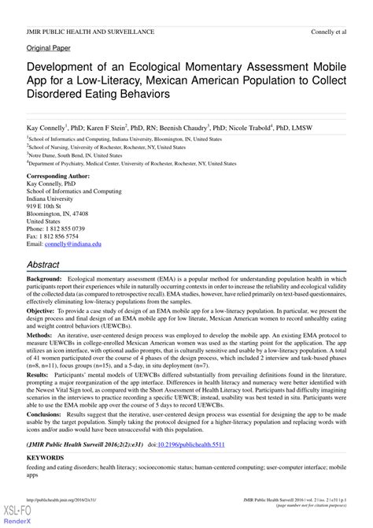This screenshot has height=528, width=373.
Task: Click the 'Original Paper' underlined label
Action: (49, 48)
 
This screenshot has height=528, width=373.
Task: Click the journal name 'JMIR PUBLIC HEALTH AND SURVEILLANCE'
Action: (90, 32)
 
